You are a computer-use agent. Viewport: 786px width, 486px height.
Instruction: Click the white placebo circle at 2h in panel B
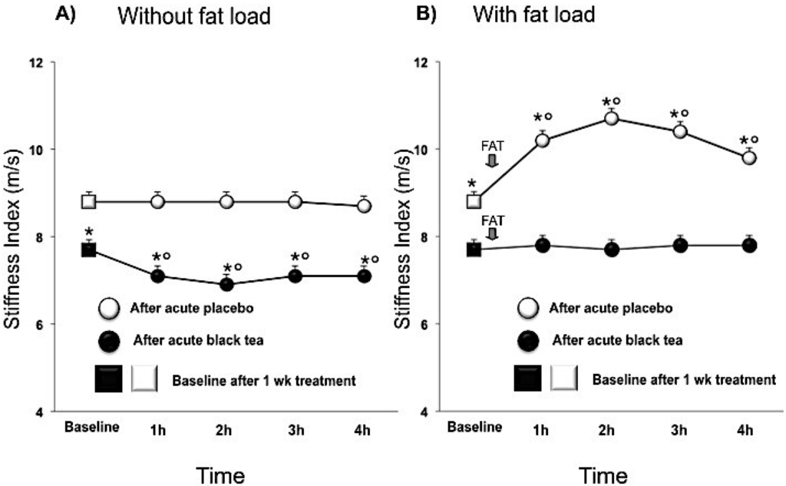[x=612, y=118]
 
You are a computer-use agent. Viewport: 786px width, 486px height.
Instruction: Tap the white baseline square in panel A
[x=89, y=202]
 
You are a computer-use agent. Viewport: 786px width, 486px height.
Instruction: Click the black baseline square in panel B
[x=474, y=250]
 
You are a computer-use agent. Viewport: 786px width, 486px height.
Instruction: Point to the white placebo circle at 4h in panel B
[x=749, y=157]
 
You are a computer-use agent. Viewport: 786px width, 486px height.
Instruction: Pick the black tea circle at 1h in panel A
[x=157, y=276]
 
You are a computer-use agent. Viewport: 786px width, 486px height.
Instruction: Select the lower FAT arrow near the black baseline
[x=492, y=233]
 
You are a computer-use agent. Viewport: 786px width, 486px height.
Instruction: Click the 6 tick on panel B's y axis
[x=444, y=324]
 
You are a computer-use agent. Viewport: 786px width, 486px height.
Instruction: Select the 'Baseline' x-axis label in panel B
[x=476, y=426]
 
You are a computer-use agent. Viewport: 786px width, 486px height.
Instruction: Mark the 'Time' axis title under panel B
[x=603, y=476]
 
